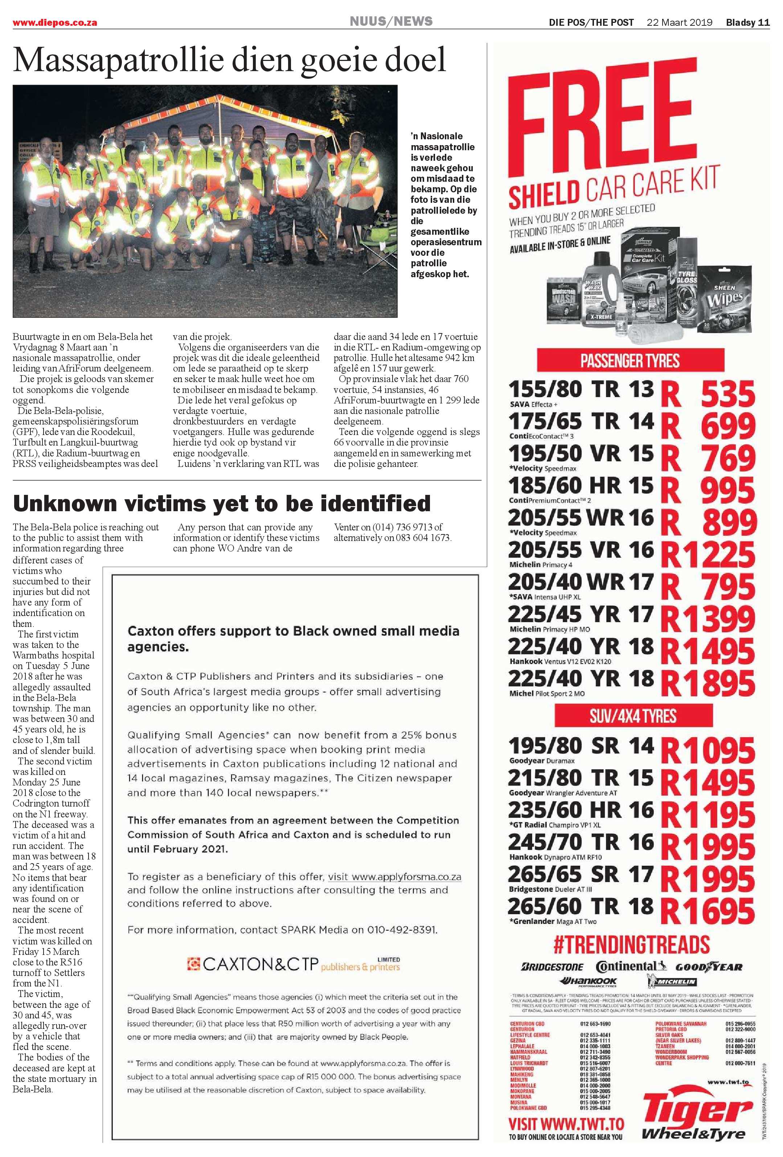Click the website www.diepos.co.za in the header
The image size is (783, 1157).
pyautogui.click(x=55, y=23)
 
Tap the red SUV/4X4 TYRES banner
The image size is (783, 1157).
pyautogui.click(x=633, y=716)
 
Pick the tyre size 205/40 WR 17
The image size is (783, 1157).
pyautogui.click(x=580, y=582)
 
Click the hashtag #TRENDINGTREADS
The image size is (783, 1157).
pyautogui.click(x=631, y=944)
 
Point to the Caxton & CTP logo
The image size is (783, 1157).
pyautogui.click(x=293, y=964)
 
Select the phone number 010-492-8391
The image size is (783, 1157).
pyautogui.click(x=402, y=930)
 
